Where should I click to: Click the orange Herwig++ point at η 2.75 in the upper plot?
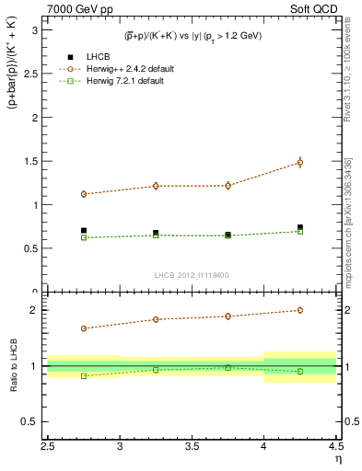[84, 194]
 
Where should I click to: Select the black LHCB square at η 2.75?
[84, 231]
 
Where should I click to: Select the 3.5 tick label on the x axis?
[192, 446]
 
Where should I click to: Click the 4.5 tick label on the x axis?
[335, 446]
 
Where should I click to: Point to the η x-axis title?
[337, 460]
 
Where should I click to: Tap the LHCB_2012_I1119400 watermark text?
[192, 275]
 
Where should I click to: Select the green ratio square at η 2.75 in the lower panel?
[84, 375]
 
